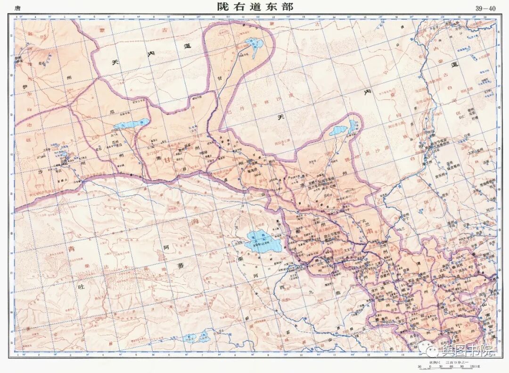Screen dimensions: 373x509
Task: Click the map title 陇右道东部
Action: pos(254,7)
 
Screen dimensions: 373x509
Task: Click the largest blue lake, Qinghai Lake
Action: pos(263,242)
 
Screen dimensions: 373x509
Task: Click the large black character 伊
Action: pos(25,87)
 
